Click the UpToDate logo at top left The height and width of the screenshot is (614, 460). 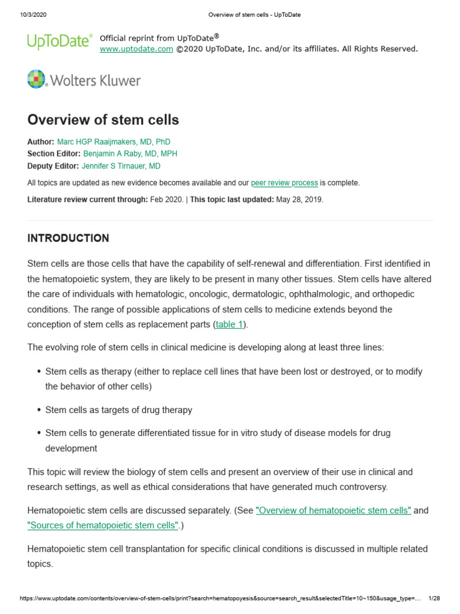(59, 41)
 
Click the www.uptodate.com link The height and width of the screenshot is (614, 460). (136, 49)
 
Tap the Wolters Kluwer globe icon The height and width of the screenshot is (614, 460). (37, 80)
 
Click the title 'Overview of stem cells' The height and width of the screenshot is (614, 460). (103, 120)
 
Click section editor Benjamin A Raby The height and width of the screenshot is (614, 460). (130, 154)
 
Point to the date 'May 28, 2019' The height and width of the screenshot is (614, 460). (299, 200)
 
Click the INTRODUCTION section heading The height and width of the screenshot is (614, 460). (68, 239)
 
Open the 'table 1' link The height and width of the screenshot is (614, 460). (230, 325)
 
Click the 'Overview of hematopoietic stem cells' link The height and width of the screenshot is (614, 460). (334, 511)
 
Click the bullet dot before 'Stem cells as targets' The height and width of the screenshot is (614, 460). (39, 411)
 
